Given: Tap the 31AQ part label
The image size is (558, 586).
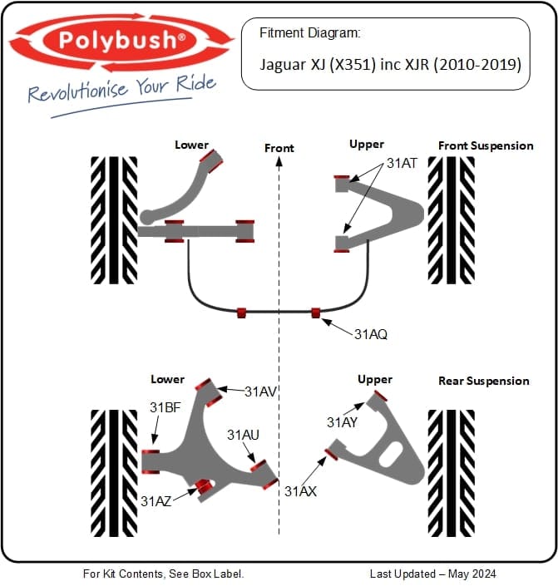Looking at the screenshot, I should [x=371, y=335].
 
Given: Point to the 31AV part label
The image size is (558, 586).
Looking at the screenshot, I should [x=261, y=390].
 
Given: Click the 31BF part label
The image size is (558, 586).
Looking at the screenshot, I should [x=165, y=407].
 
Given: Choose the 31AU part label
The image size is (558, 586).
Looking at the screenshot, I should [x=243, y=435].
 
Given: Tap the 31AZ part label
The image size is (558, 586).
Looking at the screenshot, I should [x=156, y=500].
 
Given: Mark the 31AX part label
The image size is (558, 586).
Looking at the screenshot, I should [x=300, y=491].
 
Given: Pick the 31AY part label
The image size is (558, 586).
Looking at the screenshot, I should [x=343, y=422].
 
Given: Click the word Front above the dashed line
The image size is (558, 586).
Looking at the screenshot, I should [x=279, y=148].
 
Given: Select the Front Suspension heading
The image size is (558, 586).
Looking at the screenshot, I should [x=486, y=145].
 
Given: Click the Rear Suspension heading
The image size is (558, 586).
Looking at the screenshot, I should [x=483, y=381].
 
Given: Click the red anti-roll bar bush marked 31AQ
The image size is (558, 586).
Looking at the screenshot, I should [x=316, y=313].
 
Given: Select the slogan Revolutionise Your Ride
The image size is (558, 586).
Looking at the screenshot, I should [x=121, y=89].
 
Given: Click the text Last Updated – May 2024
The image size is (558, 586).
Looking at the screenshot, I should [x=432, y=574].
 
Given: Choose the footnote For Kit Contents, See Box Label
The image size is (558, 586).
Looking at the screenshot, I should [x=164, y=574].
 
